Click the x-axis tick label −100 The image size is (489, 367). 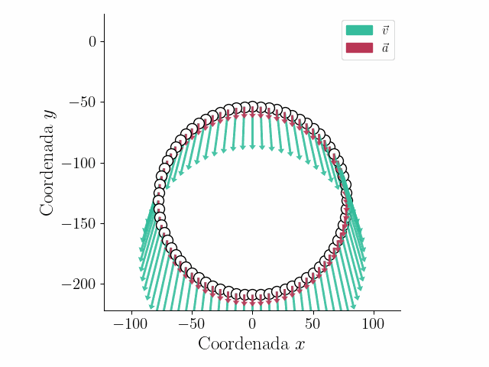click(x=131, y=324)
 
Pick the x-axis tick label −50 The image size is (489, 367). click(x=192, y=324)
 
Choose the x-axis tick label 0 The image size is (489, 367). click(x=252, y=324)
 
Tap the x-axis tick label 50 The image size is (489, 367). click(x=313, y=324)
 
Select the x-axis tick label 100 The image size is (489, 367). click(x=373, y=324)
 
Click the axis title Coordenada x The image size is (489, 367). click(x=251, y=344)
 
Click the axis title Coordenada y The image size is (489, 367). click(x=48, y=162)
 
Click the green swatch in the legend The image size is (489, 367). click(x=359, y=31)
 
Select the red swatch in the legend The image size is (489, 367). click(x=359, y=47)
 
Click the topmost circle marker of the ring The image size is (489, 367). click(x=253, y=107)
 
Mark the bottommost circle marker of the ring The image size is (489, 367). click(x=252, y=295)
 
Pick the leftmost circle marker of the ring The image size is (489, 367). click(x=159, y=201)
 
